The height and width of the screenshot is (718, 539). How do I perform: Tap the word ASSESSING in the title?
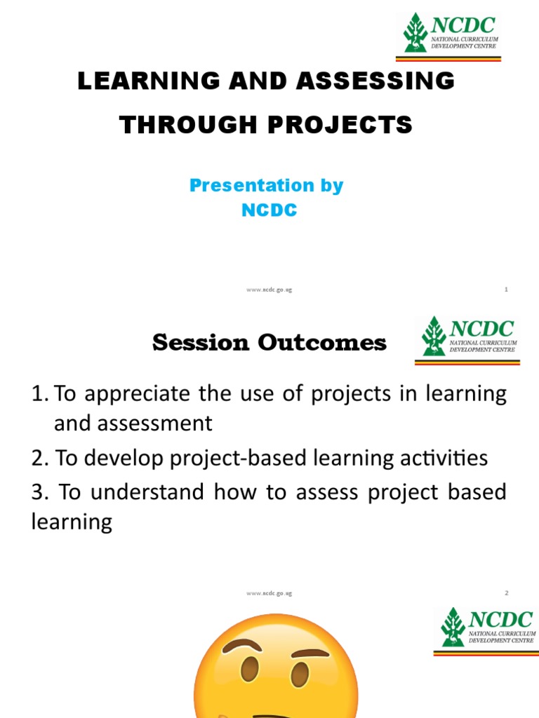[376, 81]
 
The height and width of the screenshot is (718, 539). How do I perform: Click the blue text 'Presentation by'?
[266, 186]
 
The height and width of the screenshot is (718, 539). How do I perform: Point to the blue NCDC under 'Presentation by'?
[269, 210]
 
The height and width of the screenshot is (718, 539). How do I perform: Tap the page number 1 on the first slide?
[506, 290]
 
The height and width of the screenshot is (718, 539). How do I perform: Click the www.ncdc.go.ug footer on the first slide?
[269, 290]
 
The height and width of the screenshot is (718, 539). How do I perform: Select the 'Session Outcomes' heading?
[269, 343]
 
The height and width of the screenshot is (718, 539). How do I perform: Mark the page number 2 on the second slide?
[506, 593]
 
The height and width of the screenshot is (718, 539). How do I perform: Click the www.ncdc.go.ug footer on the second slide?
[269, 593]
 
